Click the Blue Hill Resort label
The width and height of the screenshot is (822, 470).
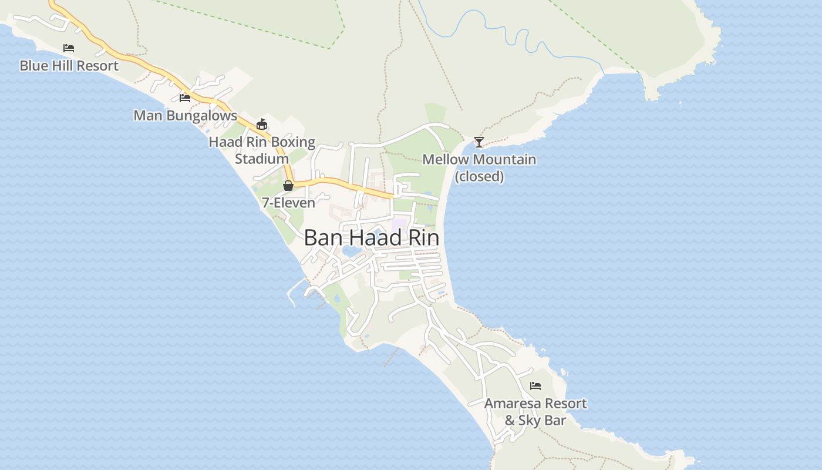tap(69, 66)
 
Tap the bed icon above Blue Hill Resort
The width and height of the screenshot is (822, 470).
tap(69, 48)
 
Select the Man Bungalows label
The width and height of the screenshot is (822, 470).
tap(185, 115)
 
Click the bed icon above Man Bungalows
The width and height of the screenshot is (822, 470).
tap(185, 98)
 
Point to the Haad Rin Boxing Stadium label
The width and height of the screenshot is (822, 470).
tap(262, 150)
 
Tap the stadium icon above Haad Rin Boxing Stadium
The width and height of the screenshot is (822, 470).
tap(262, 125)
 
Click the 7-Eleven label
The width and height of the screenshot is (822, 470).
tap(288, 203)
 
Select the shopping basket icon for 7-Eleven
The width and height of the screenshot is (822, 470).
tap(288, 186)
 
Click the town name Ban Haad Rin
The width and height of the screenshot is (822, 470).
tap(371, 238)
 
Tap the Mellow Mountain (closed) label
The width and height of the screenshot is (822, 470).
tap(479, 167)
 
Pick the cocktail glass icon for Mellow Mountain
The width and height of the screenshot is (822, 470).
tap(479, 142)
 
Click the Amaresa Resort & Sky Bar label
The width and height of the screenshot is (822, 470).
tap(535, 412)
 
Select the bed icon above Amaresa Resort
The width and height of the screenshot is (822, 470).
tap(535, 386)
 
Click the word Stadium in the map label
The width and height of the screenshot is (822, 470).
tap(262, 159)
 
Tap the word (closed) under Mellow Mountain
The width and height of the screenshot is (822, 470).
tap(479, 176)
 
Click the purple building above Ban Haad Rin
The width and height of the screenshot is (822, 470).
tap(400, 224)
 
